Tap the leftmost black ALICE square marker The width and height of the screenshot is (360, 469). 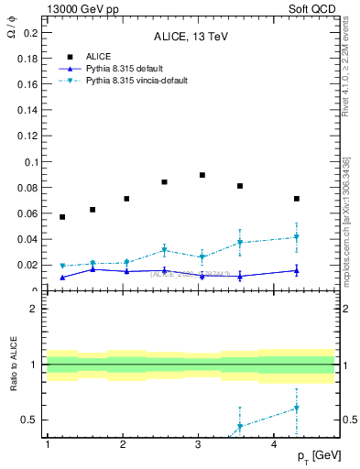tap(62, 217)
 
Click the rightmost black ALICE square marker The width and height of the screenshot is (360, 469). tap(297, 199)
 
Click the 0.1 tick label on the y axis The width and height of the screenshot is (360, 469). tap(29, 162)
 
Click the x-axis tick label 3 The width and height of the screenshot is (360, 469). tap(199, 444)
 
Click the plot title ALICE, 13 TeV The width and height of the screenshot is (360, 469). tap(190, 38)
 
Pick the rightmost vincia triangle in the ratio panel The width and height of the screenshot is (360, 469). tap(297, 409)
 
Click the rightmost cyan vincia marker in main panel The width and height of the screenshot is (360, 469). tap(297, 237)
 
